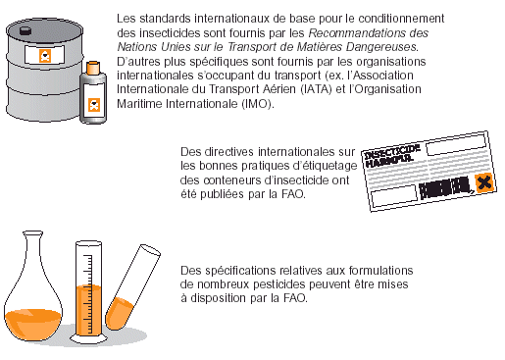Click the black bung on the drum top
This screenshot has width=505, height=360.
click(x=25, y=31)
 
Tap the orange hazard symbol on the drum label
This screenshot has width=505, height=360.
click(x=45, y=56)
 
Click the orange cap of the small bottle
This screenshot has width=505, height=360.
click(x=93, y=68)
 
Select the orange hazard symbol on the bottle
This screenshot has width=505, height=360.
click(x=94, y=105)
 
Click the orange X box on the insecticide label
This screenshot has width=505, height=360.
click(x=483, y=182)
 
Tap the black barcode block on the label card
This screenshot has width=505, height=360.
click(x=445, y=187)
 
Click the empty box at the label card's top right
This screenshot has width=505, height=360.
click(x=456, y=144)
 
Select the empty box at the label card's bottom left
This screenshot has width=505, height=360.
click(x=394, y=196)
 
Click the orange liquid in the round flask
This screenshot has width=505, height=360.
click(x=32, y=324)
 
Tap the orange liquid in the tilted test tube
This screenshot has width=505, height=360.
click(x=120, y=313)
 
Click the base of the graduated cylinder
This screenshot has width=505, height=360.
click(x=88, y=338)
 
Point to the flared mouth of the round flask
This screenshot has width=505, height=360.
click(x=32, y=233)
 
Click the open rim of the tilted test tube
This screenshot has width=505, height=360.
click(x=150, y=250)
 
